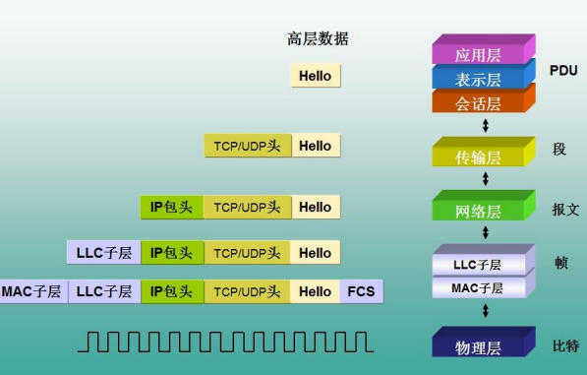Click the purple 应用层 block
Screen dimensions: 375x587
tap(479, 54)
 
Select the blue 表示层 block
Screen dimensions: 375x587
tap(479, 79)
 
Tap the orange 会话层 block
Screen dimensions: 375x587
tap(479, 102)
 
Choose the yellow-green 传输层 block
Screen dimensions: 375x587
tap(479, 156)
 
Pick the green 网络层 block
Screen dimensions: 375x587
tap(479, 211)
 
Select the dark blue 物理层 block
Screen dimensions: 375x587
tap(479, 346)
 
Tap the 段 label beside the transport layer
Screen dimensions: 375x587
tap(559, 150)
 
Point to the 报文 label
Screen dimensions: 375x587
tap(565, 209)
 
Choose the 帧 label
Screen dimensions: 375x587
tap(559, 264)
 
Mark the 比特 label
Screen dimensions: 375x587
tap(565, 345)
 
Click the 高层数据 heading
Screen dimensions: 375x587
tap(318, 39)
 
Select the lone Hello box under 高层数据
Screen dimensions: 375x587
tap(315, 76)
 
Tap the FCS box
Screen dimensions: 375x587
tap(361, 291)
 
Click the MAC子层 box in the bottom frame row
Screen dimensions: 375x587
tap(31, 291)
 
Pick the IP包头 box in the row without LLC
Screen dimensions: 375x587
tap(171, 207)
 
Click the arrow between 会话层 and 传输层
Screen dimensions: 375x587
tap(485, 126)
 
